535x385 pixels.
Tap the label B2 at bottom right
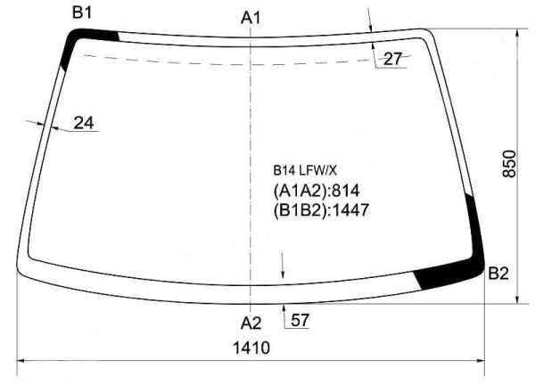tap(498, 274)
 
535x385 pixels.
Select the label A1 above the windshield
tap(251, 18)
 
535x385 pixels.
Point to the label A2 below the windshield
tap(251, 322)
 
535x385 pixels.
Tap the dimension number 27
tap(391, 59)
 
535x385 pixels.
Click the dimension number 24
tap(84, 123)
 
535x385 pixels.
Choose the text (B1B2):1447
tap(321, 210)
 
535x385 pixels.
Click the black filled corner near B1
tap(86, 39)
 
